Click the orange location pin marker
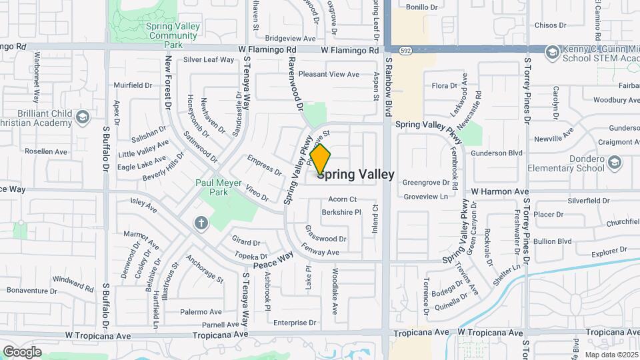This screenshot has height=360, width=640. tap(321, 159)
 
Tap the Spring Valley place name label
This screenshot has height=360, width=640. tap(360, 175)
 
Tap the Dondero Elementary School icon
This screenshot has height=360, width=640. tap(614, 162)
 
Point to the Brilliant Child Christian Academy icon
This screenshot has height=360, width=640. tap(82, 118)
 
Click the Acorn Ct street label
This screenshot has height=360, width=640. tap(343, 199)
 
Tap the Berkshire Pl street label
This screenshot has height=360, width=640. tap(341, 212)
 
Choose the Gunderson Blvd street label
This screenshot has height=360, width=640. tap(496, 153)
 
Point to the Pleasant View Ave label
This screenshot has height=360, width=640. tap(329, 74)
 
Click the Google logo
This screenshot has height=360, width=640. tap(22, 351)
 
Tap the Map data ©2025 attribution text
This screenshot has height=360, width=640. tap(611, 355)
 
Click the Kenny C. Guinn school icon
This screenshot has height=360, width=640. tap(551, 51)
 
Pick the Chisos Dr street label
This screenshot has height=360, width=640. tap(550, 25)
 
